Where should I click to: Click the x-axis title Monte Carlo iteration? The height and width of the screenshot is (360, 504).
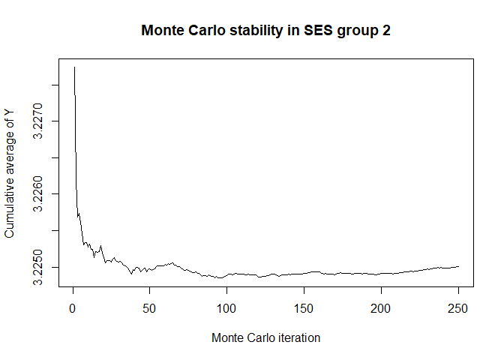(x=265, y=338)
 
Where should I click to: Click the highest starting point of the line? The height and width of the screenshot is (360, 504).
(x=74, y=67)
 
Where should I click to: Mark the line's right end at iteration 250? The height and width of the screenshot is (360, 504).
(x=458, y=266)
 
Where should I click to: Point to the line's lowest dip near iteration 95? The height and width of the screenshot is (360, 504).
(x=219, y=277)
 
